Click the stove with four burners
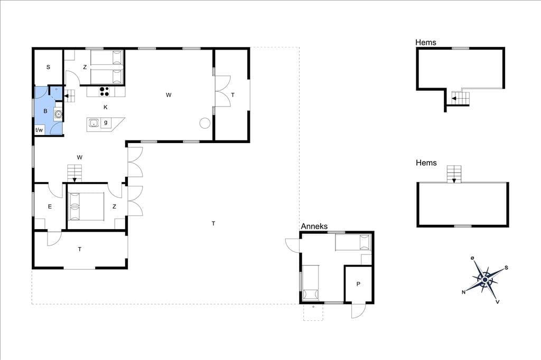coord(105,91)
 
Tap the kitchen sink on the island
coord(94,122)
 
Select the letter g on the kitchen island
coord(106,122)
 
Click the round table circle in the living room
coord(205,123)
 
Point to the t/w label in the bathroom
coord(39,130)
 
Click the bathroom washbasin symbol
coord(58,113)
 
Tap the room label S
coord(48,67)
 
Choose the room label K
coord(106,107)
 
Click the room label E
coord(50,206)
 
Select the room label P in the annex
coord(358,284)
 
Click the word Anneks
coord(314,226)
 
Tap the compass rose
coord(485,279)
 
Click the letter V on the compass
coord(498,302)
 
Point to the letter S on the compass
coord(507,268)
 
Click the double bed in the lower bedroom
coord(87,206)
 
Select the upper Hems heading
coord(426,42)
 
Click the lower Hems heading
coord(426,163)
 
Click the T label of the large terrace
coord(213,223)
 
